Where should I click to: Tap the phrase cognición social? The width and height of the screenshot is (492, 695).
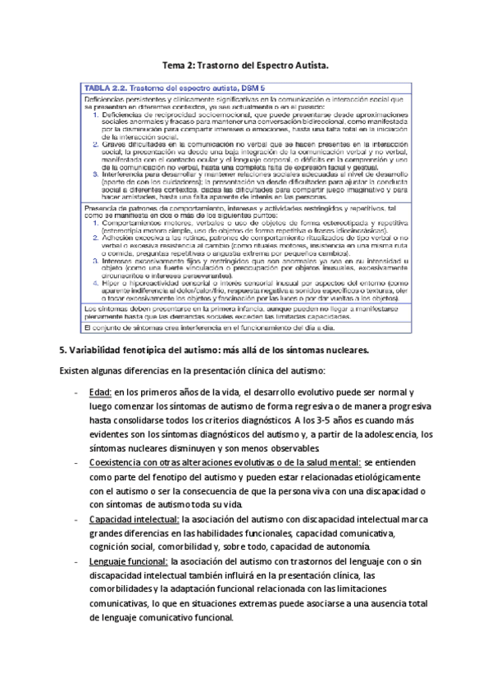pyautogui.click(x=122, y=547)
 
